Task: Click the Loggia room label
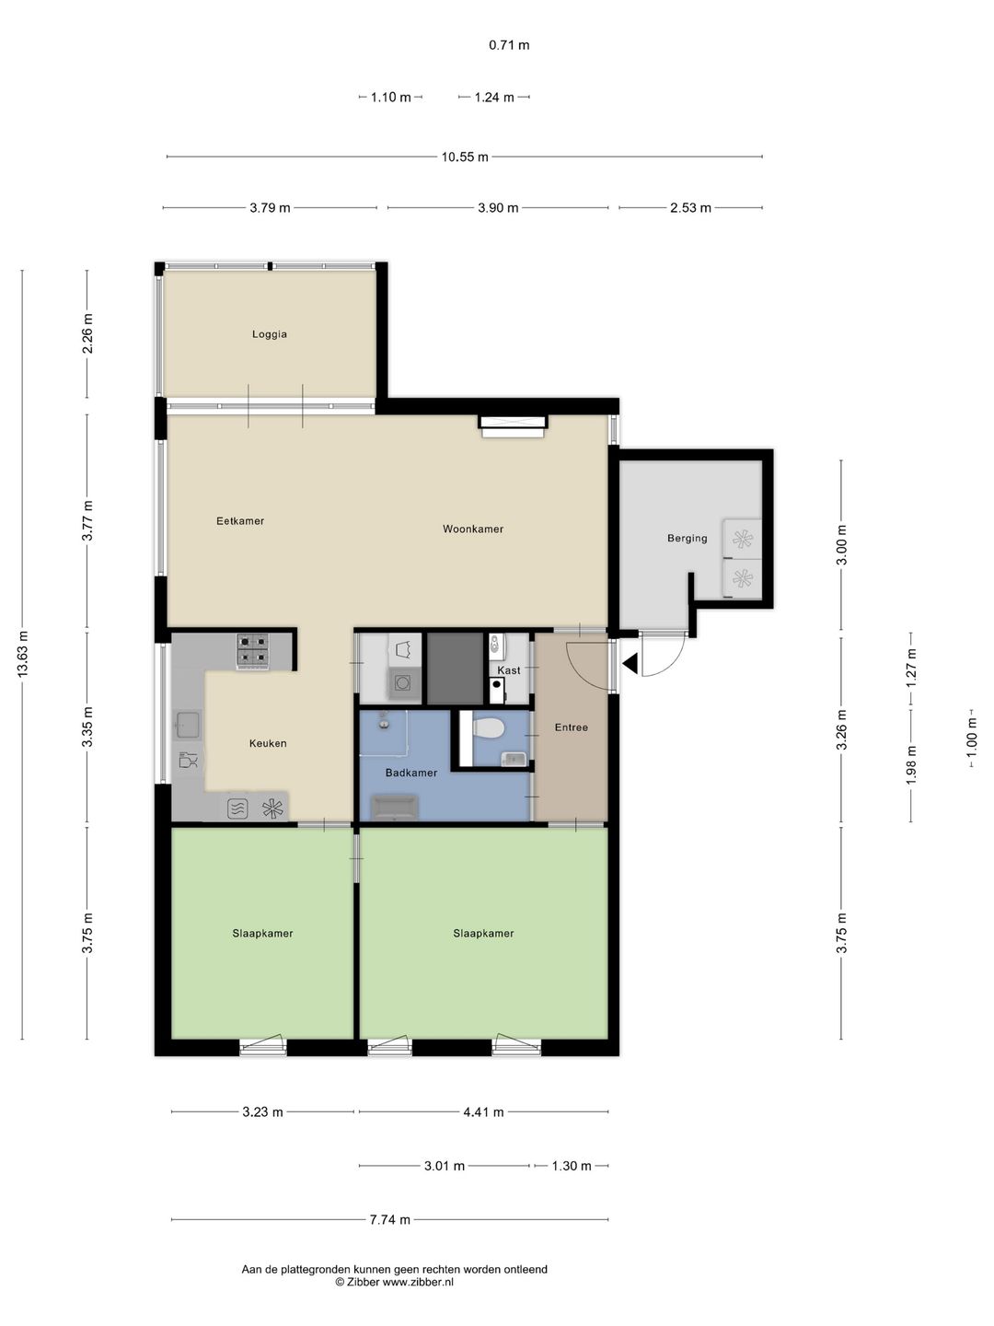(x=269, y=334)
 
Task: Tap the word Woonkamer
(x=472, y=529)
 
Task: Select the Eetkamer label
(x=240, y=521)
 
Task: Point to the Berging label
(x=687, y=539)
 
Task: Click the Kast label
(x=509, y=670)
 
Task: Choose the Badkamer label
(x=411, y=773)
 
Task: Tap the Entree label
(x=571, y=727)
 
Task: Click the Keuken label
(x=268, y=744)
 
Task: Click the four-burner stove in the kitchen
(x=253, y=650)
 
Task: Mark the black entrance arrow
(x=630, y=664)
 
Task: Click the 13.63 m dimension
(x=23, y=653)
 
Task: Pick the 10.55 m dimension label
(x=465, y=157)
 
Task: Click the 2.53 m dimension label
(x=690, y=208)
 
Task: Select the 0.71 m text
(x=509, y=45)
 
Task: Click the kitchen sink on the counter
(x=188, y=725)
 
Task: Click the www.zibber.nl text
(x=418, y=1280)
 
